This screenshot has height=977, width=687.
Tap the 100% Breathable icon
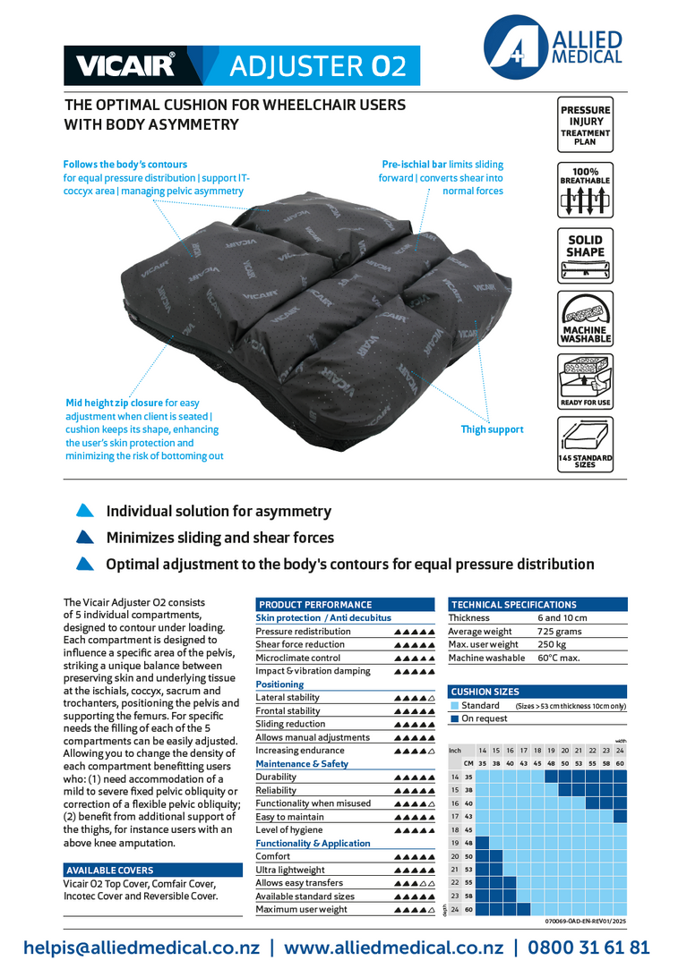[585, 190]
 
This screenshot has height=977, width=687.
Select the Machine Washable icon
[585, 318]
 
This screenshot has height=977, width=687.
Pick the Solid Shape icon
[585, 254]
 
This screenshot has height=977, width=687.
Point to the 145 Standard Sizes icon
[585, 444]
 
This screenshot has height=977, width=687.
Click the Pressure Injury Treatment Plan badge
[585, 126]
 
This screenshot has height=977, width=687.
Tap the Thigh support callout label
[492, 429]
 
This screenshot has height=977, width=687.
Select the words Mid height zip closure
[114, 404]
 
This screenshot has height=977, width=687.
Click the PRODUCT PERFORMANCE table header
[315, 605]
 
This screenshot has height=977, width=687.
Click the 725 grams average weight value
[559, 631]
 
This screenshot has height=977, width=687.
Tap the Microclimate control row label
[297, 658]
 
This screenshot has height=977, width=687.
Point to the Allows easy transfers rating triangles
[414, 883]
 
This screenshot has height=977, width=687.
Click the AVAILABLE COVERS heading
[110, 871]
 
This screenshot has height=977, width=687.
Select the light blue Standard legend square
[455, 706]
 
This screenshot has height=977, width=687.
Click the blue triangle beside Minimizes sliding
[85, 538]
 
